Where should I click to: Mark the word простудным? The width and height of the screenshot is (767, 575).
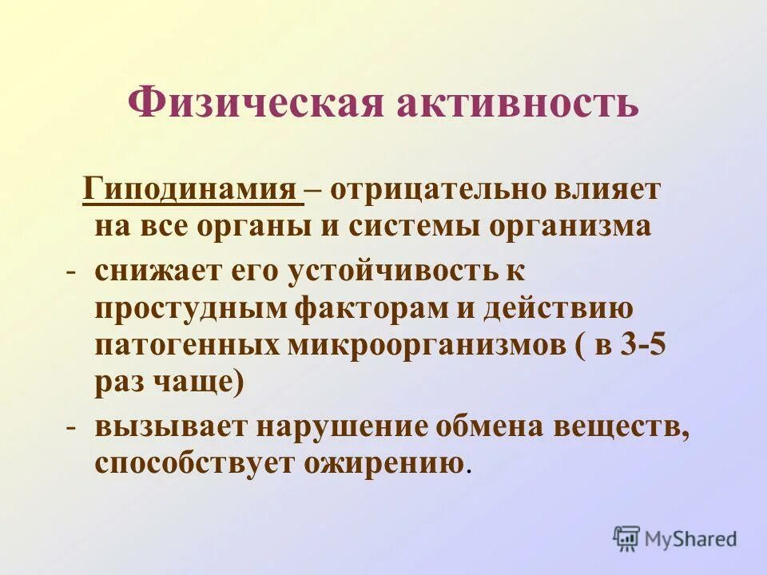(189, 309)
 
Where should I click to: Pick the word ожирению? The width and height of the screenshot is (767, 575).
(383, 464)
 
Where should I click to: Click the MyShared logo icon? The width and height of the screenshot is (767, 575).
(627, 538)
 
